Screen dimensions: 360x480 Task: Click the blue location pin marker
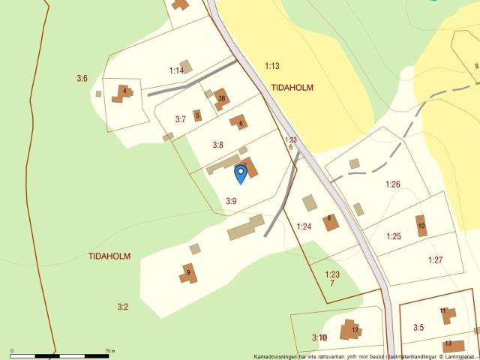(x=241, y=174)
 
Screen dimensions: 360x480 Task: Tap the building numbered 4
(x=123, y=94)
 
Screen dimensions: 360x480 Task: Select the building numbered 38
(x=221, y=98)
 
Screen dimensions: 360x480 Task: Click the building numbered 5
(x=197, y=115)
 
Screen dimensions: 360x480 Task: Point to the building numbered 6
(x=239, y=122)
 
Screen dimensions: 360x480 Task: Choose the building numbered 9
(x=188, y=273)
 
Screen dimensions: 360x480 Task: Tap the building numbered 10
(x=421, y=226)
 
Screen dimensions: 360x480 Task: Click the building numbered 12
(x=351, y=330)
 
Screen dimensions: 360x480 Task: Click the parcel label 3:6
(x=82, y=78)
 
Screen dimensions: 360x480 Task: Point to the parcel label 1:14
(x=176, y=70)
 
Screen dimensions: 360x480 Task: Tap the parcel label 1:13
(x=271, y=66)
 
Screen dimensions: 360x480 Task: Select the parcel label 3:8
(x=217, y=145)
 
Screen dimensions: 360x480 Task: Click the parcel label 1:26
(x=393, y=184)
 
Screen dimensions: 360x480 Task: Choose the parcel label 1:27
(x=435, y=260)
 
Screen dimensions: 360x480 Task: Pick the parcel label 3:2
(x=123, y=306)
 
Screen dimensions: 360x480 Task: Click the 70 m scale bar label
(x=109, y=350)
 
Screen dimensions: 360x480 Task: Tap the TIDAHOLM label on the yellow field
(x=292, y=88)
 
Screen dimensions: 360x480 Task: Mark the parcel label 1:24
(x=304, y=226)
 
